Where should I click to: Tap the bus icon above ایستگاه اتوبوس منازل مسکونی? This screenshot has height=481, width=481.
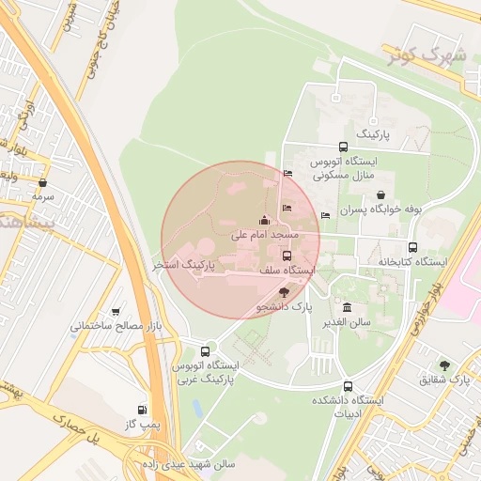343,147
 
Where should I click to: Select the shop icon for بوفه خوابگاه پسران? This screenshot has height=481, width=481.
380,194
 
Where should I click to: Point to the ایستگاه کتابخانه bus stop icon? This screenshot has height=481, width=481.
383,246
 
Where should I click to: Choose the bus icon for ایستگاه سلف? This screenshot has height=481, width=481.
287,256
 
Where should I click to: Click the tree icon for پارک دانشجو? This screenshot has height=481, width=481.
285,293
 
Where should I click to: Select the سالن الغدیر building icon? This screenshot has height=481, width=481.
348,308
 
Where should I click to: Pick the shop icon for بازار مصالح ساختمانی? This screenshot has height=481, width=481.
116,312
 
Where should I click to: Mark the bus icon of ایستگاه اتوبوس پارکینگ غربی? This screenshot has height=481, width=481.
206,351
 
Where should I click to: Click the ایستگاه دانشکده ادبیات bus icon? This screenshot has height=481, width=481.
348,386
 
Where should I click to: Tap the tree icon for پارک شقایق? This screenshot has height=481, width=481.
444,365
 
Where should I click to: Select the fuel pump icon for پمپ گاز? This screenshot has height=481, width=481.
142,410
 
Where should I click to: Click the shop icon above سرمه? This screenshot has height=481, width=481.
43,182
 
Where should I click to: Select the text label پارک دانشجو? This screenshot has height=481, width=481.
285,306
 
